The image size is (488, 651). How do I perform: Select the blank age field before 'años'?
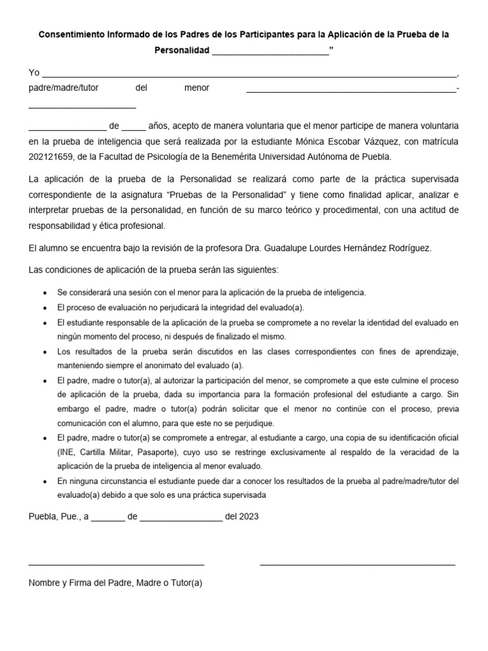[x=133, y=126]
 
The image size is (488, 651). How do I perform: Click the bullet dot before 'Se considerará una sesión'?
[x=43, y=293]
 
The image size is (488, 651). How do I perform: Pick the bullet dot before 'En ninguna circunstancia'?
[x=43, y=483]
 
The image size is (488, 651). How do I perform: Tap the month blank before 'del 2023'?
[x=180, y=517]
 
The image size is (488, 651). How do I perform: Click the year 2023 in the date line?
[x=249, y=517]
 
